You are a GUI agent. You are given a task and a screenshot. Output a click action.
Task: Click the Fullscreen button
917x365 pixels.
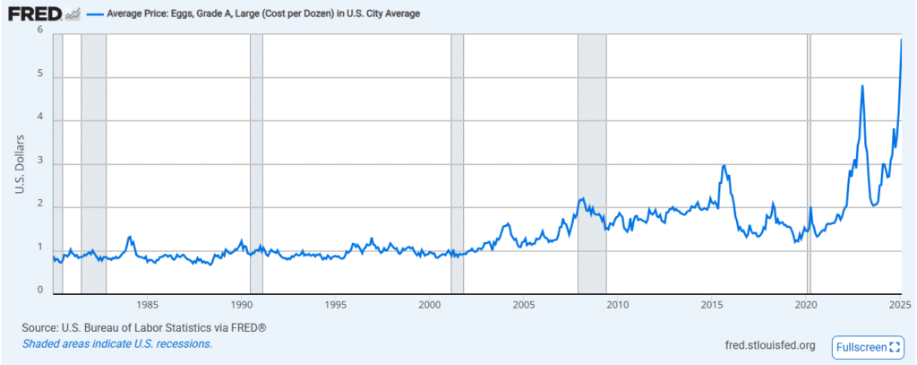[868, 346]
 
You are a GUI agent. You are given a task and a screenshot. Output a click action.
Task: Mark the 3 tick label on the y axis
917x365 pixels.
[40, 164]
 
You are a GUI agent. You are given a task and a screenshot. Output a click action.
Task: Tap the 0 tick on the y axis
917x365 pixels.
[40, 290]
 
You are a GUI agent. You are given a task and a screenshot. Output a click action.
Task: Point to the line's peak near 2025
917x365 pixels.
[901, 39]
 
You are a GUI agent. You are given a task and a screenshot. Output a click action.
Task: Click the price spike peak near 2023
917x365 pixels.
[862, 86]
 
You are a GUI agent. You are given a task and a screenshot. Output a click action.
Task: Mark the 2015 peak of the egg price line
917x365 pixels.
[724, 166]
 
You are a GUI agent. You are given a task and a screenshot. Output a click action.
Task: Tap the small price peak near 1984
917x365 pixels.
[131, 237]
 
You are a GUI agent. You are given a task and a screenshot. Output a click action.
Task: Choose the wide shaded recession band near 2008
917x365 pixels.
[592, 161]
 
